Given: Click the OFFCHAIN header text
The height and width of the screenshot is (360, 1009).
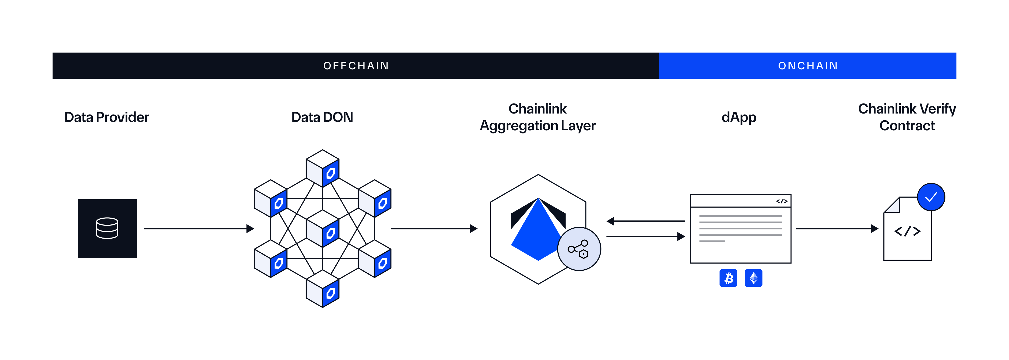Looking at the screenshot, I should tap(356, 66).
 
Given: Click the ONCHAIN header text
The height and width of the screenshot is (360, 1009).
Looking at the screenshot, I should tap(808, 66).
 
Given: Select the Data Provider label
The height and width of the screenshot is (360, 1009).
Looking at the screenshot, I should tap(106, 117).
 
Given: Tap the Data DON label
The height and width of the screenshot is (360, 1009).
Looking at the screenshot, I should tap(322, 117).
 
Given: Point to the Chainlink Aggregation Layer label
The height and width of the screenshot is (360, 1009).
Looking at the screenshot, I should tap(537, 117).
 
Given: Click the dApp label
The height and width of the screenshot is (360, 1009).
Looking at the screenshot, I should tap(739, 117).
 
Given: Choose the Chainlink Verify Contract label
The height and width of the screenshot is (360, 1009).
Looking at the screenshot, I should tap(907, 117).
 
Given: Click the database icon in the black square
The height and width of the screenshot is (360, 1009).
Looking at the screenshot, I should tap(107, 228).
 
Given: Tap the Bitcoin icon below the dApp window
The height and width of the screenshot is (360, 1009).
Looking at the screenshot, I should tap(728, 278).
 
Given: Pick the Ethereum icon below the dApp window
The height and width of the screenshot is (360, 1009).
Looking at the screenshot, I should tap(753, 278).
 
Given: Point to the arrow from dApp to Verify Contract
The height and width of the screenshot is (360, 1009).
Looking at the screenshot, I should tap(837, 228).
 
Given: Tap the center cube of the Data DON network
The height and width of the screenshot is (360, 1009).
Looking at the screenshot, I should tap(322, 229).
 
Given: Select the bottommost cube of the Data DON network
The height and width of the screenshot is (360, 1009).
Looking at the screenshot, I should tap(322, 289).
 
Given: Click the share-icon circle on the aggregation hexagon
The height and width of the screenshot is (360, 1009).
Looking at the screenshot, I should tap(579, 249).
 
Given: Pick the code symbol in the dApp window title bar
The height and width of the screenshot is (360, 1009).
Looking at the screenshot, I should tap(781, 201).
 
